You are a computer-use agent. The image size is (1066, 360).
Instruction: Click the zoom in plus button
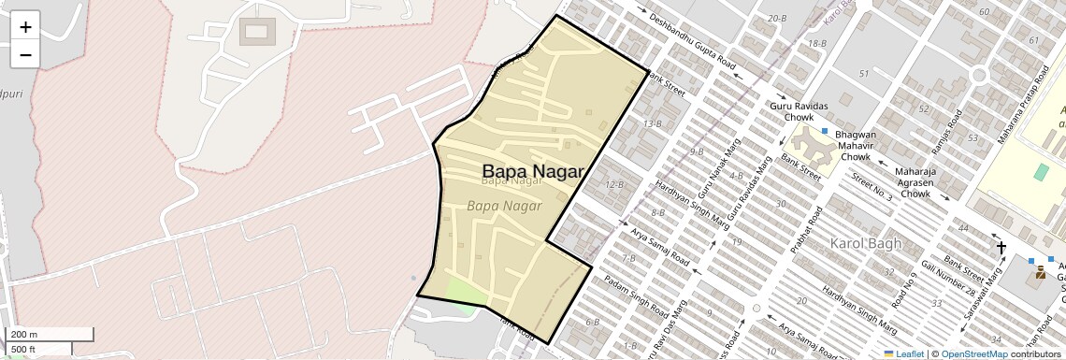tap(25, 27)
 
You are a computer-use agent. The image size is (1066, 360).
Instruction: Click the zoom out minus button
tap(25, 54)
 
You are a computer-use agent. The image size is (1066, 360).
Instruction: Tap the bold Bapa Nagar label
tap(533, 171)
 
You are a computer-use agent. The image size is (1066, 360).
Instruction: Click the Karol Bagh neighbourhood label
tap(866, 244)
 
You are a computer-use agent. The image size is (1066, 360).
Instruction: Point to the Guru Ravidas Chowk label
tap(792, 112)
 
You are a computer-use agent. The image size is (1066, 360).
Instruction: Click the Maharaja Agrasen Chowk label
tap(915, 182)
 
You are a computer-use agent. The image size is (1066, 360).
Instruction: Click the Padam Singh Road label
tap(636, 295)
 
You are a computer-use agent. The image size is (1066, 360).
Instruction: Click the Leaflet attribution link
tap(903, 353)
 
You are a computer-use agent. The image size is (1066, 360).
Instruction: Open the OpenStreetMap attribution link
tap(973, 353)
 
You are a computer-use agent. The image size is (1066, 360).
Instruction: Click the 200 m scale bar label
tap(24, 335)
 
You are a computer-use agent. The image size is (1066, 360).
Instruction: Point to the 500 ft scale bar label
tap(24, 350)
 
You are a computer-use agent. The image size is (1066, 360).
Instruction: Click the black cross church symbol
tap(1001, 248)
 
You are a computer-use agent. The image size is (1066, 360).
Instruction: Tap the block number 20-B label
tap(776, 19)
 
